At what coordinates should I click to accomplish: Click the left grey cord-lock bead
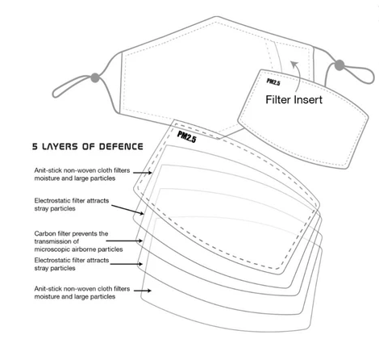(x=95, y=77)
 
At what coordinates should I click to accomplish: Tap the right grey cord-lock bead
(x=339, y=65)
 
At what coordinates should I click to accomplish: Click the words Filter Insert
(x=294, y=99)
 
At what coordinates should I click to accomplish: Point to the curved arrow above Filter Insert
(x=295, y=77)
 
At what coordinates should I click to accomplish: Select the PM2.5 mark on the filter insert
(x=273, y=82)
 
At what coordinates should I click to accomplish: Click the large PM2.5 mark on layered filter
(x=186, y=136)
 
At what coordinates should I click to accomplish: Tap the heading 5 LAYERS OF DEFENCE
(x=88, y=146)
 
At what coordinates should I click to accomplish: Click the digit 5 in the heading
(x=35, y=146)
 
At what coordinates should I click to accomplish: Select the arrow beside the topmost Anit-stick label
(x=143, y=173)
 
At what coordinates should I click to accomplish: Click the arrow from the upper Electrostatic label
(x=127, y=210)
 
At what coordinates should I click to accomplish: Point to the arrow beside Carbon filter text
(x=124, y=241)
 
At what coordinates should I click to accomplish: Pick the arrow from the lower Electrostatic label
(x=127, y=264)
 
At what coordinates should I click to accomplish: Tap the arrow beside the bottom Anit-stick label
(x=143, y=291)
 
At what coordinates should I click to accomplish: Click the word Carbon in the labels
(x=44, y=233)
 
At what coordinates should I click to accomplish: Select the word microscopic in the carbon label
(x=52, y=249)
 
